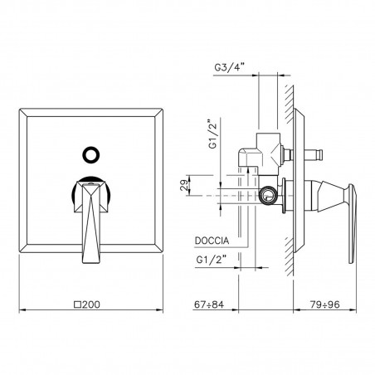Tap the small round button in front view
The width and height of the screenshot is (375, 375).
[x=91, y=155]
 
